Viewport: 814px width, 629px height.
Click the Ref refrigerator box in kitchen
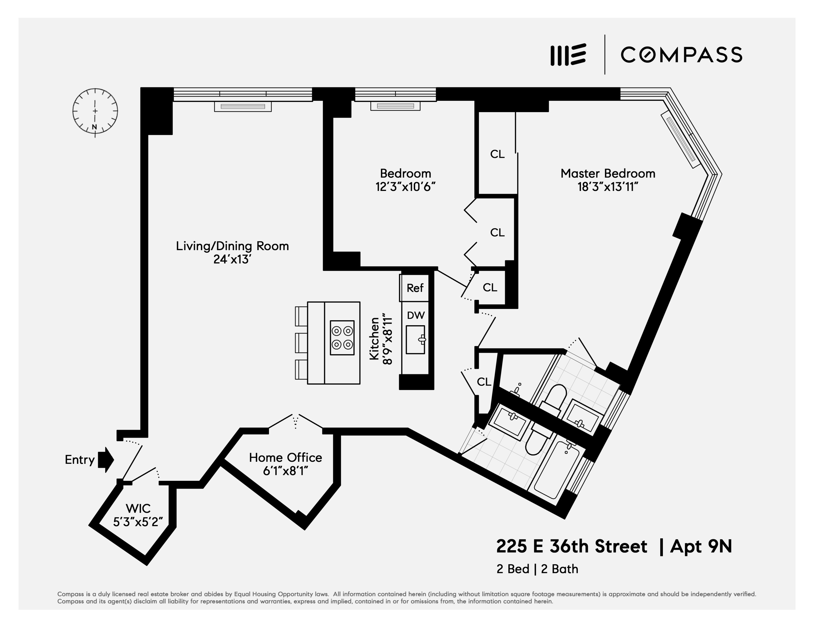click(415, 288)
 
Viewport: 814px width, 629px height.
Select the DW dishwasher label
click(416, 315)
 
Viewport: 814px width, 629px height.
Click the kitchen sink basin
click(415, 339)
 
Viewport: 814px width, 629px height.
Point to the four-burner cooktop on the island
click(342, 338)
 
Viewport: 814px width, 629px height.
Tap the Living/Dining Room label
click(232, 246)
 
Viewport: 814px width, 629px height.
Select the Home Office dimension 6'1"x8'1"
click(285, 471)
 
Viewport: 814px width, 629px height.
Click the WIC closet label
click(138, 508)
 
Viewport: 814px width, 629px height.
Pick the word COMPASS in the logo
click(681, 55)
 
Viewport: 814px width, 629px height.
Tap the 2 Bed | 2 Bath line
click(537, 569)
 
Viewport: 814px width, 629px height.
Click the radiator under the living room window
click(243, 107)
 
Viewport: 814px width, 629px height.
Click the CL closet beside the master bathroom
click(484, 382)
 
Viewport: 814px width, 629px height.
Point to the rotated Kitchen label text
click(374, 338)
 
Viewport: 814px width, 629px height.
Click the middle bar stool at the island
click(301, 343)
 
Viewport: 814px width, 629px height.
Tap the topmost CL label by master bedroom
click(497, 154)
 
